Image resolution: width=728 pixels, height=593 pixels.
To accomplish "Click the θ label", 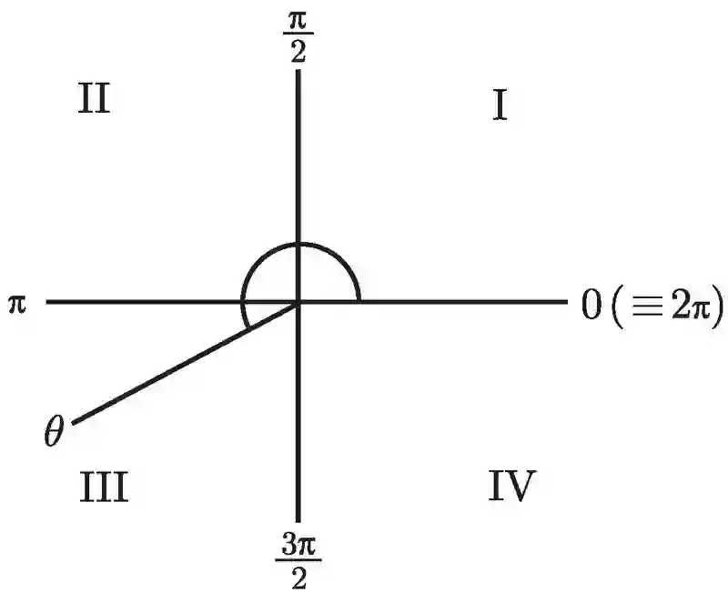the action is click(54, 429).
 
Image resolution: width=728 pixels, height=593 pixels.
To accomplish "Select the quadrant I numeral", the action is click(499, 106).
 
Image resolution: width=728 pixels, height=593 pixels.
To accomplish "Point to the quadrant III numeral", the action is click(102, 487).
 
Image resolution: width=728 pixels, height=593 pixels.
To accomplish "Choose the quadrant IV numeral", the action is click(511, 487).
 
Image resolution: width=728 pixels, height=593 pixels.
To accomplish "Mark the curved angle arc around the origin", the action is click(300, 245).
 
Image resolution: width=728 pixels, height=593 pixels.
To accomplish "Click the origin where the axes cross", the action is click(299, 302).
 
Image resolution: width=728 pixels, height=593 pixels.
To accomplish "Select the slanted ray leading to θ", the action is click(182, 363).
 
